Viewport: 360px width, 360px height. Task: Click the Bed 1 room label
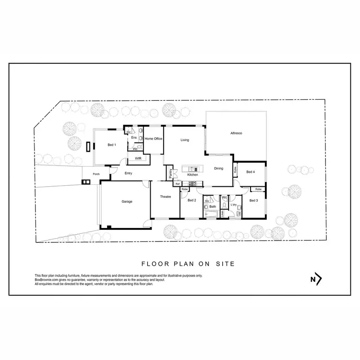pyautogui.click(x=111, y=145)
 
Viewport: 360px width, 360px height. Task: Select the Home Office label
pyautogui.click(x=154, y=139)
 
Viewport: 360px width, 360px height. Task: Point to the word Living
pyautogui.click(x=185, y=140)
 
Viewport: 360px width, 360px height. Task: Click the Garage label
pyautogui.click(x=127, y=202)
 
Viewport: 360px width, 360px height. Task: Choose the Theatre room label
pyautogui.click(x=166, y=197)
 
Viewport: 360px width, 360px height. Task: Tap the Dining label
pyautogui.click(x=218, y=168)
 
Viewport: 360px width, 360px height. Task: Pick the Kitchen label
pyautogui.click(x=192, y=175)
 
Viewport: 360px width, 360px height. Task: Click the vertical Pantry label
pyautogui.click(x=171, y=173)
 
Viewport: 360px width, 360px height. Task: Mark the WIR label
pyautogui.click(x=138, y=158)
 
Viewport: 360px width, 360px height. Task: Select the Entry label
pyautogui.click(x=128, y=173)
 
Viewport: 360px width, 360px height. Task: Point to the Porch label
pyautogui.click(x=96, y=174)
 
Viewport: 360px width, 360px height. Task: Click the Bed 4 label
pyautogui.click(x=250, y=171)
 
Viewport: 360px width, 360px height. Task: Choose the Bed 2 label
pyautogui.click(x=192, y=200)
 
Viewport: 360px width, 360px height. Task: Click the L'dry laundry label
pyautogui.click(x=234, y=205)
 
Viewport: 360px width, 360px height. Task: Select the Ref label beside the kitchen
pyautogui.click(x=177, y=184)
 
